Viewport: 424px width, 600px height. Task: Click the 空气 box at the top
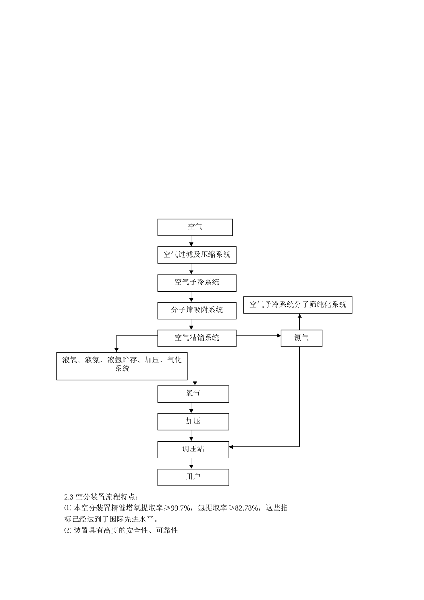[195, 227]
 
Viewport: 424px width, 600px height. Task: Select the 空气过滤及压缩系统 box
[196, 255]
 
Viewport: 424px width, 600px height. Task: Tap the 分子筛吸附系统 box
[196, 310]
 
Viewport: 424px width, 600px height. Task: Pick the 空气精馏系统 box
[196, 338]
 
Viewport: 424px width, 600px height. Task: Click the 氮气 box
[301, 338]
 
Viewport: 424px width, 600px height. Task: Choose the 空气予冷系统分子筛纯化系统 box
[298, 305]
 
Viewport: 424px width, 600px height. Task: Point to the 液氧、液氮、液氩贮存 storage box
[122, 366]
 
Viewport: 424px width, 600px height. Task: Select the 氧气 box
[193, 394]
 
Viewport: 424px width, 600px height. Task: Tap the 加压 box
[193, 421]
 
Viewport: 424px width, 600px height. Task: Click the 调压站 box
[193, 449]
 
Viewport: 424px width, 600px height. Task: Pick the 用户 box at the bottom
[193, 477]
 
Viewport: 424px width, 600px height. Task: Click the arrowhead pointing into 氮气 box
[278, 335]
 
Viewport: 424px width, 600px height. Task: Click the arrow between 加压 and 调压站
[191, 436]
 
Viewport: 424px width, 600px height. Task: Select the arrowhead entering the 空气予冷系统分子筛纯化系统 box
[299, 316]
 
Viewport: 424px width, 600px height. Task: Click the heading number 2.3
[69, 496]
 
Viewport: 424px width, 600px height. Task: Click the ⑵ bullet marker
[68, 531]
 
